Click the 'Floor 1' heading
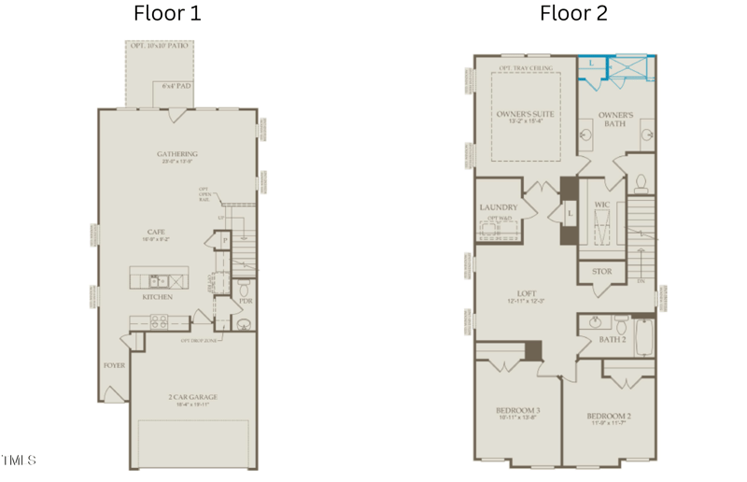tap(167, 13)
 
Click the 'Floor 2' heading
tap(573, 13)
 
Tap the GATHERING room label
tap(176, 154)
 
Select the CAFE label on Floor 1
tap(156, 233)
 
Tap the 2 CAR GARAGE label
tap(193, 397)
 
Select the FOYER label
tap(114, 365)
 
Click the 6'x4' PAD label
tap(176, 86)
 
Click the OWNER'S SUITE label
tap(525, 114)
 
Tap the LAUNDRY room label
tap(498, 207)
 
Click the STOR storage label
tap(602, 272)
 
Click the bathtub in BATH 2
tap(645, 337)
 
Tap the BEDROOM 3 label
tap(519, 411)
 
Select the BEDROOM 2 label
tap(609, 416)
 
